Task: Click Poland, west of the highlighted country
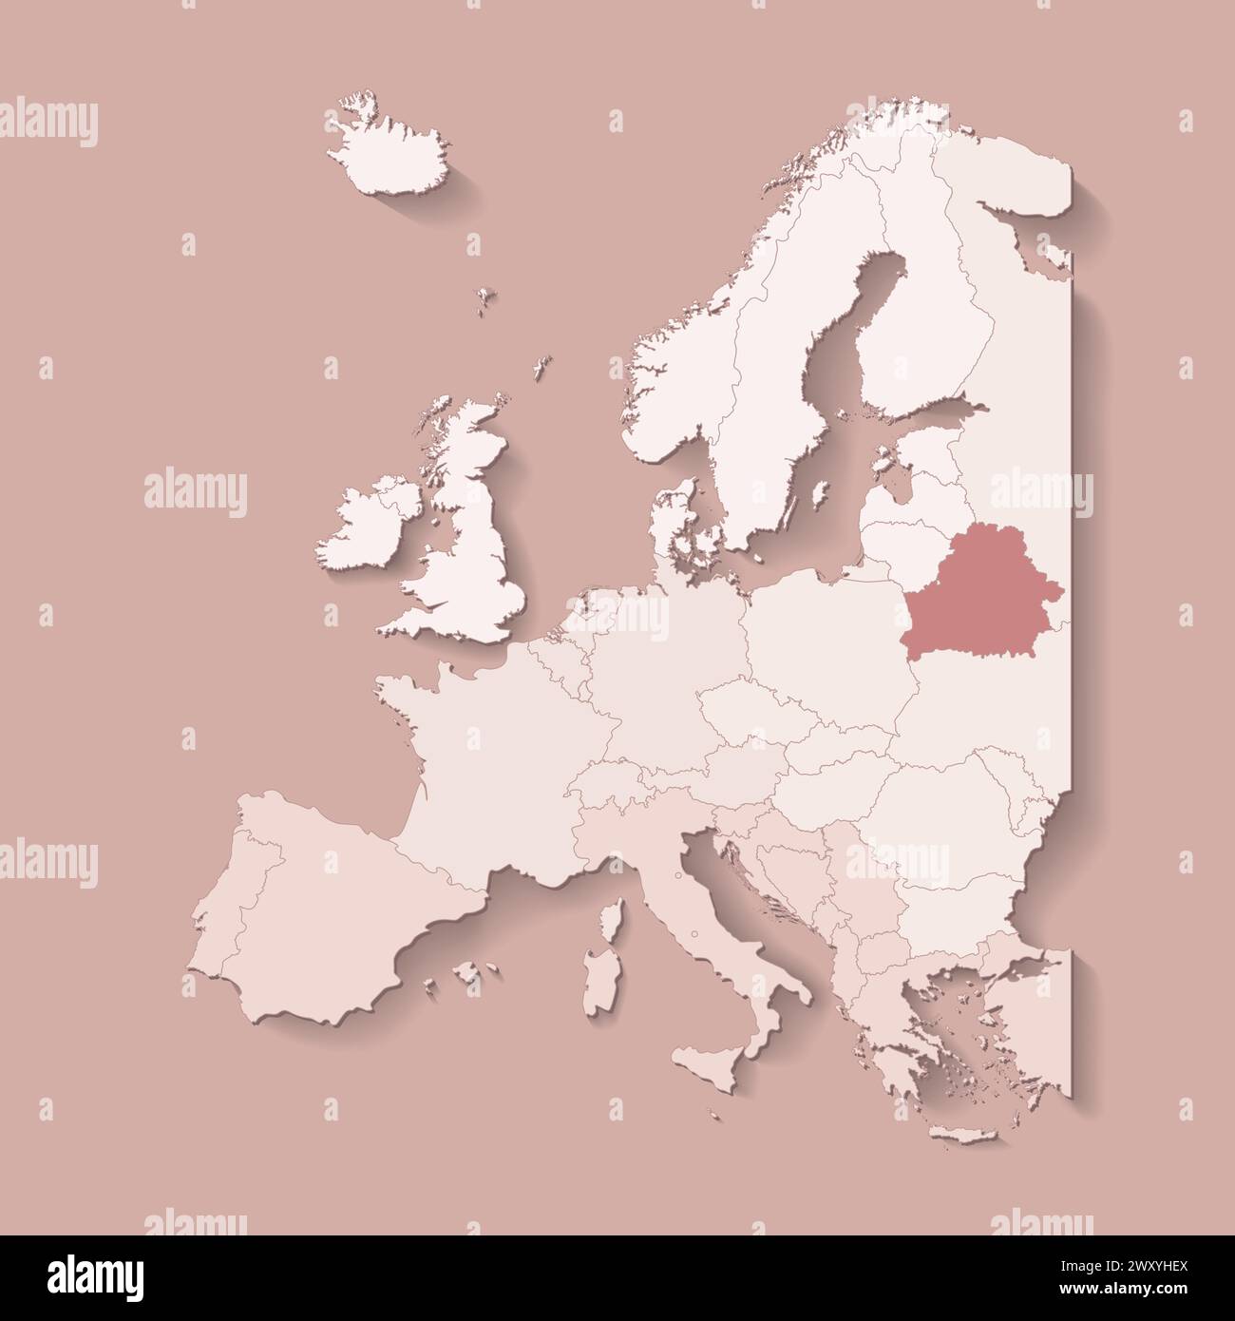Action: point(817,637)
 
